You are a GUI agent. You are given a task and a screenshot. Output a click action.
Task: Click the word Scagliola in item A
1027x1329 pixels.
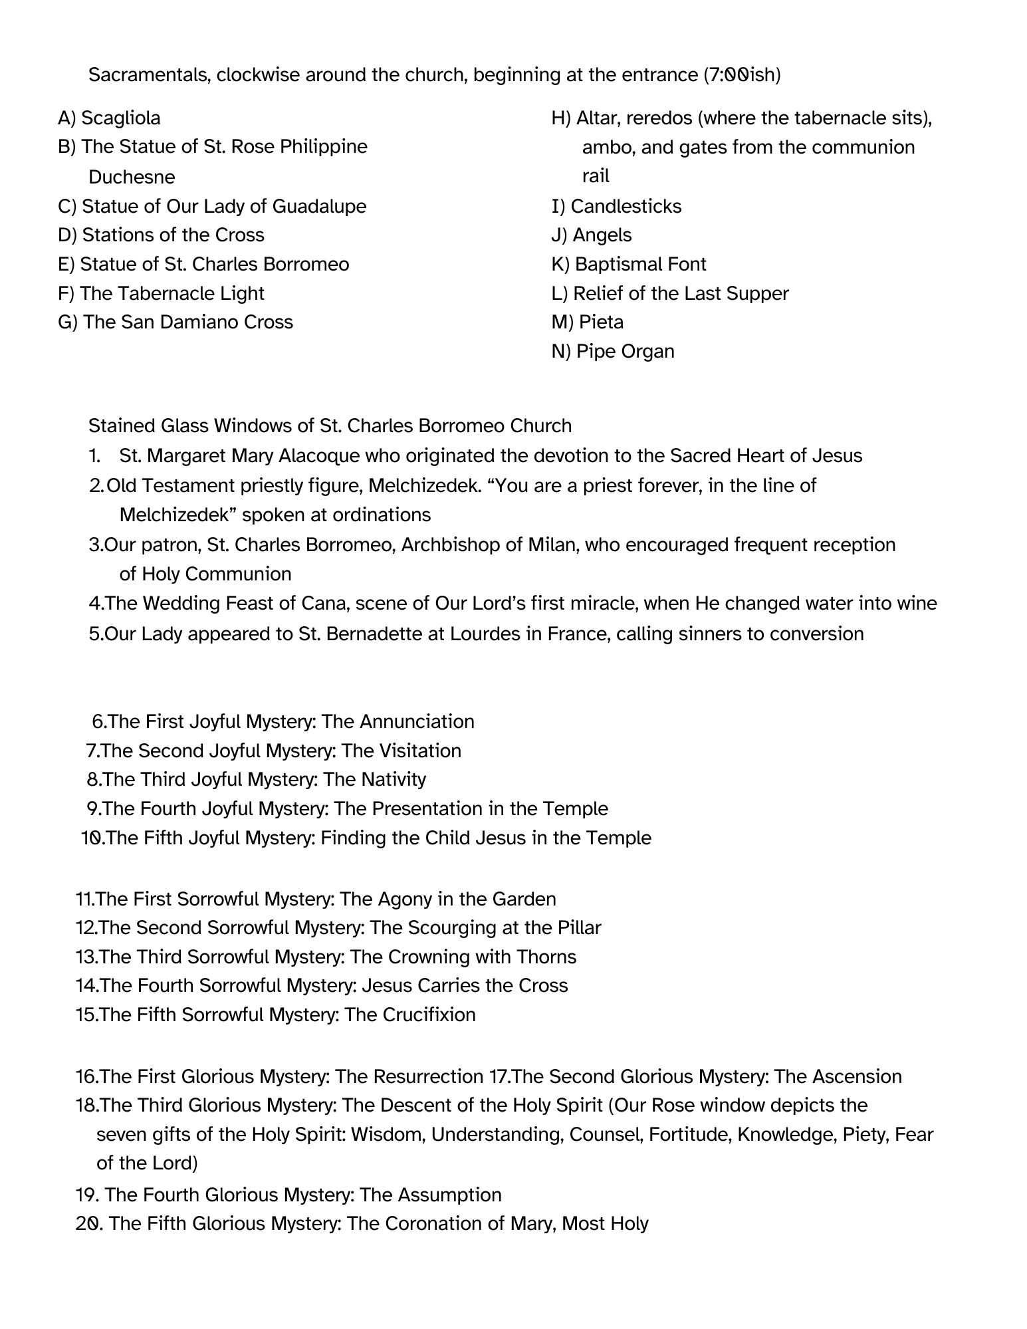tap(120, 118)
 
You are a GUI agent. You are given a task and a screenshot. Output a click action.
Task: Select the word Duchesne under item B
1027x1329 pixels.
tap(132, 177)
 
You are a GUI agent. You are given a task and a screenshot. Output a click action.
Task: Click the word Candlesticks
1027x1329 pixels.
tap(626, 206)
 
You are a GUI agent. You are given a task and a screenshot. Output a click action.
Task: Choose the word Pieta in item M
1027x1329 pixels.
tap(601, 322)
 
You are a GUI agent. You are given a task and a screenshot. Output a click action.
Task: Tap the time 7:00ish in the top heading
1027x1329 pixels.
tap(745, 75)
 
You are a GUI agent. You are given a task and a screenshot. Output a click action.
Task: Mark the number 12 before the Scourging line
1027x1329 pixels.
tap(86, 927)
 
